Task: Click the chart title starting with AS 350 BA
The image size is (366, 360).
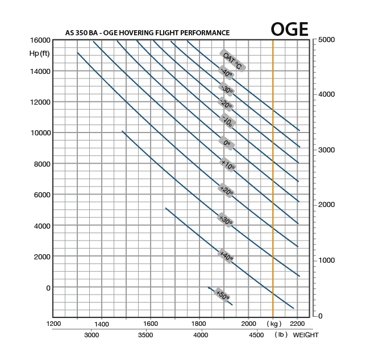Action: [147, 33]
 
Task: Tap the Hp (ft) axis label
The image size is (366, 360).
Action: [40, 53]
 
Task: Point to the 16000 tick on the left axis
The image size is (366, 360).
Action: [40, 40]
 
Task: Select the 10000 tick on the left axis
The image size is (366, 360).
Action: [40, 133]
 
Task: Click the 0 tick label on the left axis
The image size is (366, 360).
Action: [48, 288]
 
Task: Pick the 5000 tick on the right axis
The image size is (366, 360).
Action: [327, 40]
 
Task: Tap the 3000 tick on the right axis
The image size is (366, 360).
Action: [327, 150]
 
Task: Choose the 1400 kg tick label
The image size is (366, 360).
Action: [102, 324]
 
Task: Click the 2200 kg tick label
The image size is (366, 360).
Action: [297, 324]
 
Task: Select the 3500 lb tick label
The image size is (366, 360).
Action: [146, 335]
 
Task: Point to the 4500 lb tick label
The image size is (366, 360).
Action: [256, 335]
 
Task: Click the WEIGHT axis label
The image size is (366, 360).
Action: [306, 335]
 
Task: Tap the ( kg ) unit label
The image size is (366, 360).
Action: [274, 324]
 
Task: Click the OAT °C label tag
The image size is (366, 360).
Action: [232, 60]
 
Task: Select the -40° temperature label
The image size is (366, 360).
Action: [227, 73]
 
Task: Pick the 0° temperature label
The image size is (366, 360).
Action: [227, 143]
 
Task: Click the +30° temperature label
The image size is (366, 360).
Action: [226, 220]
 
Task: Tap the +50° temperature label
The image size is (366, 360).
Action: [222, 295]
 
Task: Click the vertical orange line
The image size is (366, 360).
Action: [273, 171]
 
